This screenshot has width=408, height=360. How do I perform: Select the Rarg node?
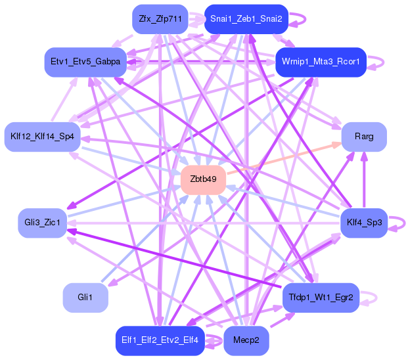[363, 137]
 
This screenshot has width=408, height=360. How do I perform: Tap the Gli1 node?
[85, 298]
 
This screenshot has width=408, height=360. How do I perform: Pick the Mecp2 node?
[246, 340]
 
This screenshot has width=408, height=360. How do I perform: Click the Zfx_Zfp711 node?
[160, 19]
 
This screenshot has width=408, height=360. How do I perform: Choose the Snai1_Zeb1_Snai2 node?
[246, 19]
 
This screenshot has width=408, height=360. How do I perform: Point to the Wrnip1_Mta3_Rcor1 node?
[320, 62]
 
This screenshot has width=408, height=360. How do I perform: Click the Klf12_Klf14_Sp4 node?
[42, 137]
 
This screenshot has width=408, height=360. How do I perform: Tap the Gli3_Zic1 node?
[42, 223]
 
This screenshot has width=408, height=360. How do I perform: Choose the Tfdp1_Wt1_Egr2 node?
[320, 298]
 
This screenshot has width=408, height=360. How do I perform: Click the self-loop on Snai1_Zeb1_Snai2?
[299, 19]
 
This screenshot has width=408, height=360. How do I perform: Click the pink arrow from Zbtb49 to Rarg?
[283, 158]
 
